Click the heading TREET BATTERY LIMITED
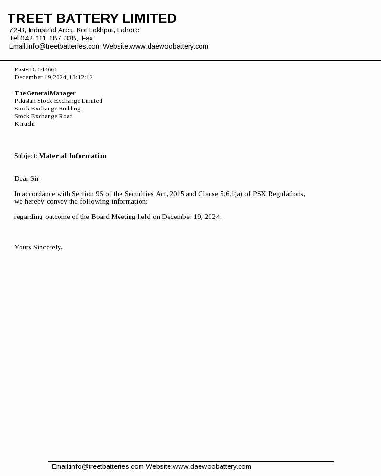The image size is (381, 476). click(x=92, y=19)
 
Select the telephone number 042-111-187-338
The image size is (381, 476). click(x=49, y=38)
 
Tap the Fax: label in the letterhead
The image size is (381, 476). click(x=88, y=38)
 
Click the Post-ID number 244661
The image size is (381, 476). click(x=48, y=69)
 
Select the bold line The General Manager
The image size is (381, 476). click(x=45, y=93)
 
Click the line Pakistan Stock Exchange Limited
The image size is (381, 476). click(x=58, y=101)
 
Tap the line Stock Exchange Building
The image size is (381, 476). click(x=47, y=109)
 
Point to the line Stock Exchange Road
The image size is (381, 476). click(x=43, y=116)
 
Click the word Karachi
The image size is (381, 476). click(x=24, y=124)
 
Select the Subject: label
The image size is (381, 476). click(x=26, y=156)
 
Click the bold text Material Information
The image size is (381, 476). click(x=73, y=156)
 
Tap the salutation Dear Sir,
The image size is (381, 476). click(x=28, y=178)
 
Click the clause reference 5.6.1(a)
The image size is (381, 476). click(x=231, y=194)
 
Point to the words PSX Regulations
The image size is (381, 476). click(x=279, y=194)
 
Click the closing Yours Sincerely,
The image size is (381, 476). click(x=39, y=247)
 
